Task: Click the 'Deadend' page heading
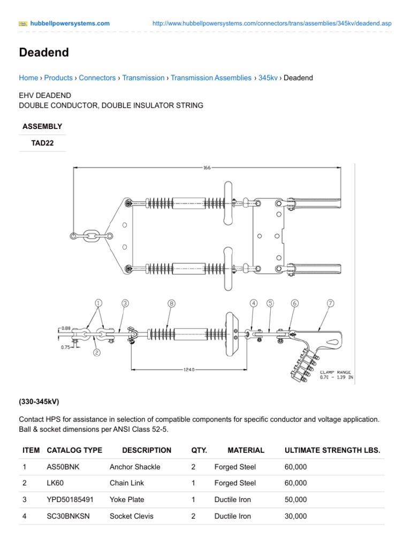[x=44, y=52]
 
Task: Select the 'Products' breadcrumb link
[x=58, y=78]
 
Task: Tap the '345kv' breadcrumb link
[x=268, y=78]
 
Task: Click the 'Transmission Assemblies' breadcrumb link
[x=211, y=78]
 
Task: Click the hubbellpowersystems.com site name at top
[x=70, y=24]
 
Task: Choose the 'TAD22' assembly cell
[x=42, y=143]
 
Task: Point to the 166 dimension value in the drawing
[x=207, y=168]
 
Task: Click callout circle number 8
[x=171, y=303]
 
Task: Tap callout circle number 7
[x=330, y=303]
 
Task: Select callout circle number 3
[x=125, y=303]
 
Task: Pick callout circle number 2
[x=97, y=352]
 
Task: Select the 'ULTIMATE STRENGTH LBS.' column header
[x=332, y=450]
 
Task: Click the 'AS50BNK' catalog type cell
[x=63, y=467]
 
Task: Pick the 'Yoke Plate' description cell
[x=127, y=500]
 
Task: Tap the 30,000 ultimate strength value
[x=296, y=516]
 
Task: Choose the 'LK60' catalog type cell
[x=55, y=483]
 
